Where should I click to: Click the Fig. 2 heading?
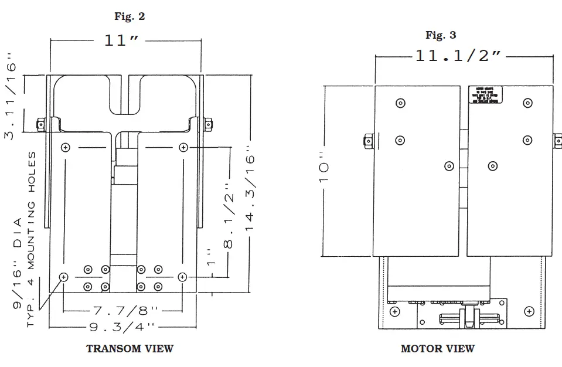click(130, 16)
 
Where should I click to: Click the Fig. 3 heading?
click(441, 35)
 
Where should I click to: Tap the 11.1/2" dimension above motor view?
click(458, 56)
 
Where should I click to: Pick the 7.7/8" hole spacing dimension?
click(122, 310)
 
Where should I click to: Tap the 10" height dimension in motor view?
click(324, 171)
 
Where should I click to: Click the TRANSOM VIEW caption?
click(130, 349)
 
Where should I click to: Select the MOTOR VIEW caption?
click(437, 349)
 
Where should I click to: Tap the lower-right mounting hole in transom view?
click(183, 276)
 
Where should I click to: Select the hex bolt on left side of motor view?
click(369, 141)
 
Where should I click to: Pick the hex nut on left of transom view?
click(40, 124)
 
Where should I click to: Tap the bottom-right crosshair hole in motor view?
click(529, 310)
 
